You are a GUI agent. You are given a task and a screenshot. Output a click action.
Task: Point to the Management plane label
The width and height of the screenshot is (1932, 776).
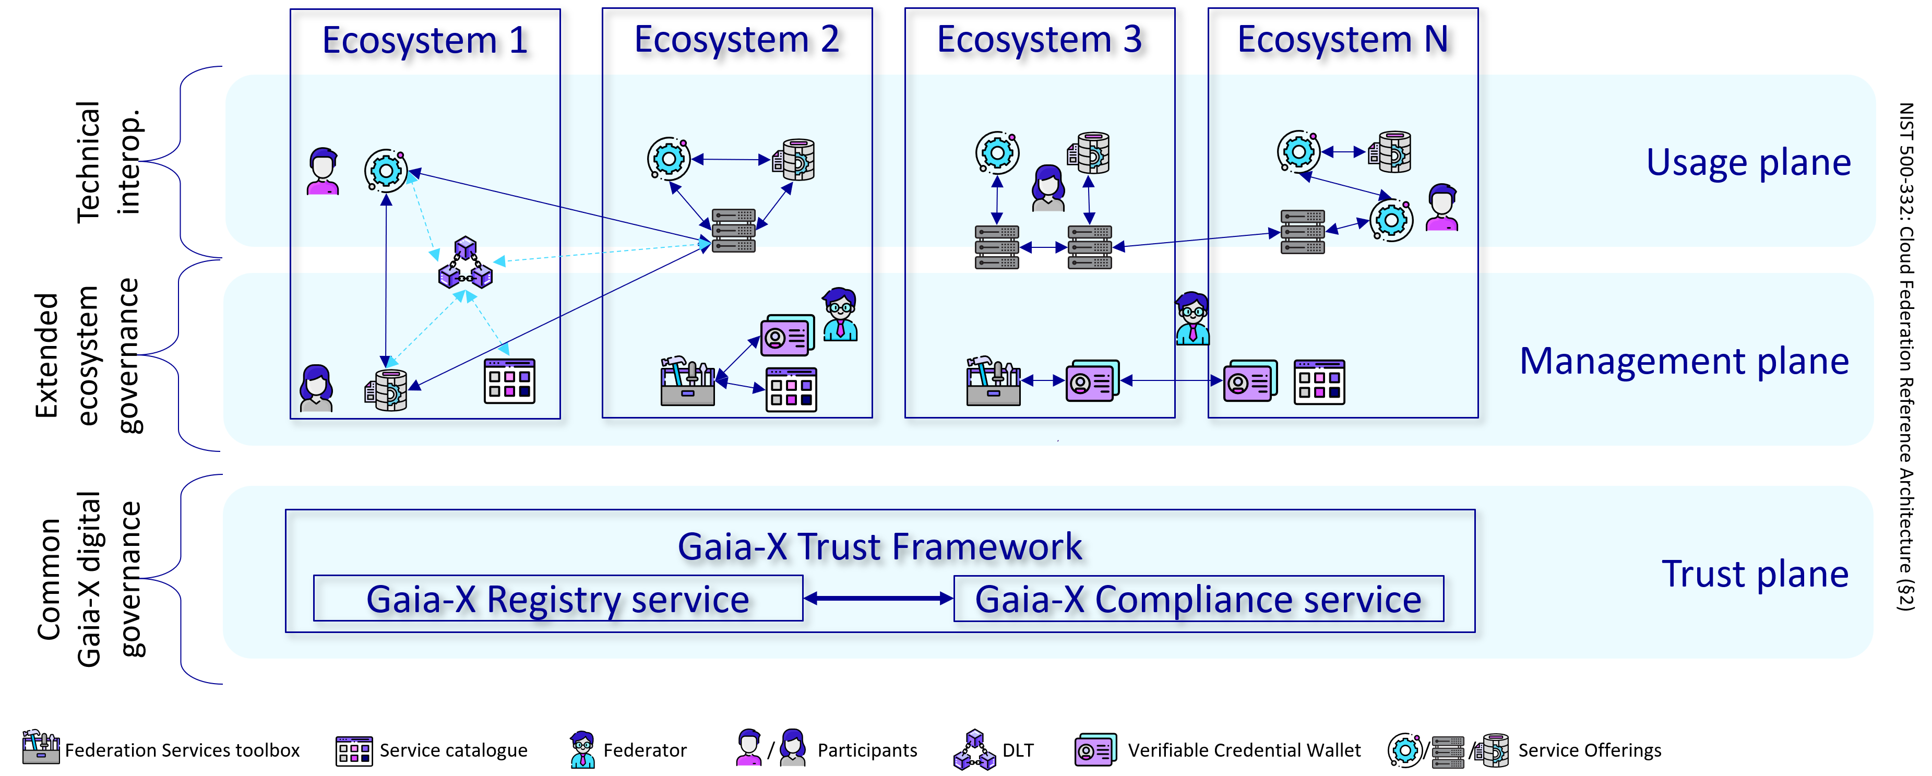click(x=1684, y=361)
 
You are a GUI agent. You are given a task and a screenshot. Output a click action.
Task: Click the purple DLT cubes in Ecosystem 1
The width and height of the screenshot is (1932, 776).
click(x=465, y=264)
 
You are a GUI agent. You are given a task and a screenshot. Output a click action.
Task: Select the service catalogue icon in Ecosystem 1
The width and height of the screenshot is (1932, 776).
click(x=509, y=381)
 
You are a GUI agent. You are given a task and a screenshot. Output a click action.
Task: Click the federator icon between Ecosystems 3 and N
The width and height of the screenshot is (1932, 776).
click(x=1192, y=319)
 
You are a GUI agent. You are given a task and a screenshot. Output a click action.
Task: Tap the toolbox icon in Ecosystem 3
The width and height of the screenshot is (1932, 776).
click(x=993, y=381)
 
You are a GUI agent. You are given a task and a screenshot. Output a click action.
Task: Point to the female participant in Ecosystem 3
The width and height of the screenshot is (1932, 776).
click(x=1048, y=188)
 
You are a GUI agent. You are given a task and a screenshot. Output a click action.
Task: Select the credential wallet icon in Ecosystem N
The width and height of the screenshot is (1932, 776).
click(x=1249, y=381)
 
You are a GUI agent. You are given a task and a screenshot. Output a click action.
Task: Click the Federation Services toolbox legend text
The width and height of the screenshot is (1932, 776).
click(x=182, y=750)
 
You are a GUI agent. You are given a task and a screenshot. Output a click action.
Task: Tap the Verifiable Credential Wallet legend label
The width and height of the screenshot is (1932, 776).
click(x=1244, y=750)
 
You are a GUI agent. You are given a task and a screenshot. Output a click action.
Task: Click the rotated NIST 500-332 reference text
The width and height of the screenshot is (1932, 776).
click(x=1906, y=356)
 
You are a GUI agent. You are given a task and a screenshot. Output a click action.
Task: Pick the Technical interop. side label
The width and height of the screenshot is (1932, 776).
click(x=109, y=162)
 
